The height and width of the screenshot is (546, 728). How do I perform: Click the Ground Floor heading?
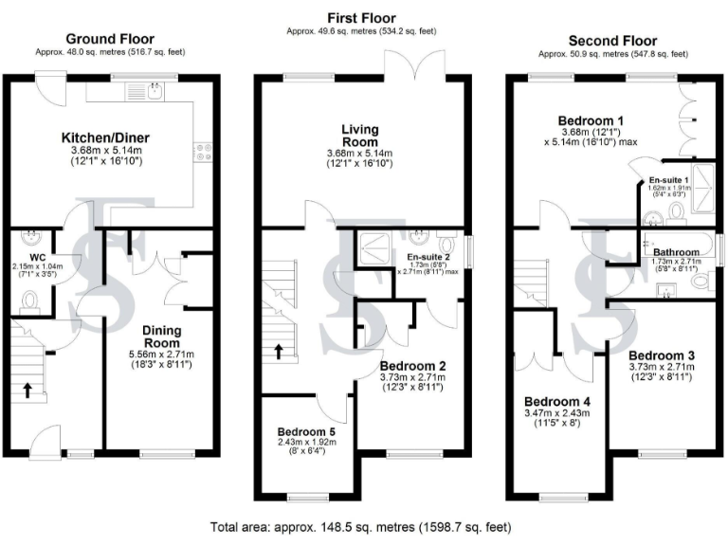pyautogui.click(x=110, y=39)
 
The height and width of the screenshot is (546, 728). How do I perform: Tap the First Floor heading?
pyautogui.click(x=361, y=18)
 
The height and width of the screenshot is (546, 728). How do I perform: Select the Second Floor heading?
pyautogui.click(x=611, y=41)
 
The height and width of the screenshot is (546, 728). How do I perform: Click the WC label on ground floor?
pyautogui.click(x=38, y=256)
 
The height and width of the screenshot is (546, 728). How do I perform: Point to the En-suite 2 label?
pyautogui.click(x=428, y=257)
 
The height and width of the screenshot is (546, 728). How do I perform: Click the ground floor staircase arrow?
pyautogui.click(x=28, y=390)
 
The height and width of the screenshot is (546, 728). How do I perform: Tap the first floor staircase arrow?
pyautogui.click(x=279, y=353)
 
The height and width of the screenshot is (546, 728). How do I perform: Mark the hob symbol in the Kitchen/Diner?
pyautogui.click(x=203, y=150)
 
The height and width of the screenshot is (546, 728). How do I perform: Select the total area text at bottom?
pyautogui.click(x=363, y=526)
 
